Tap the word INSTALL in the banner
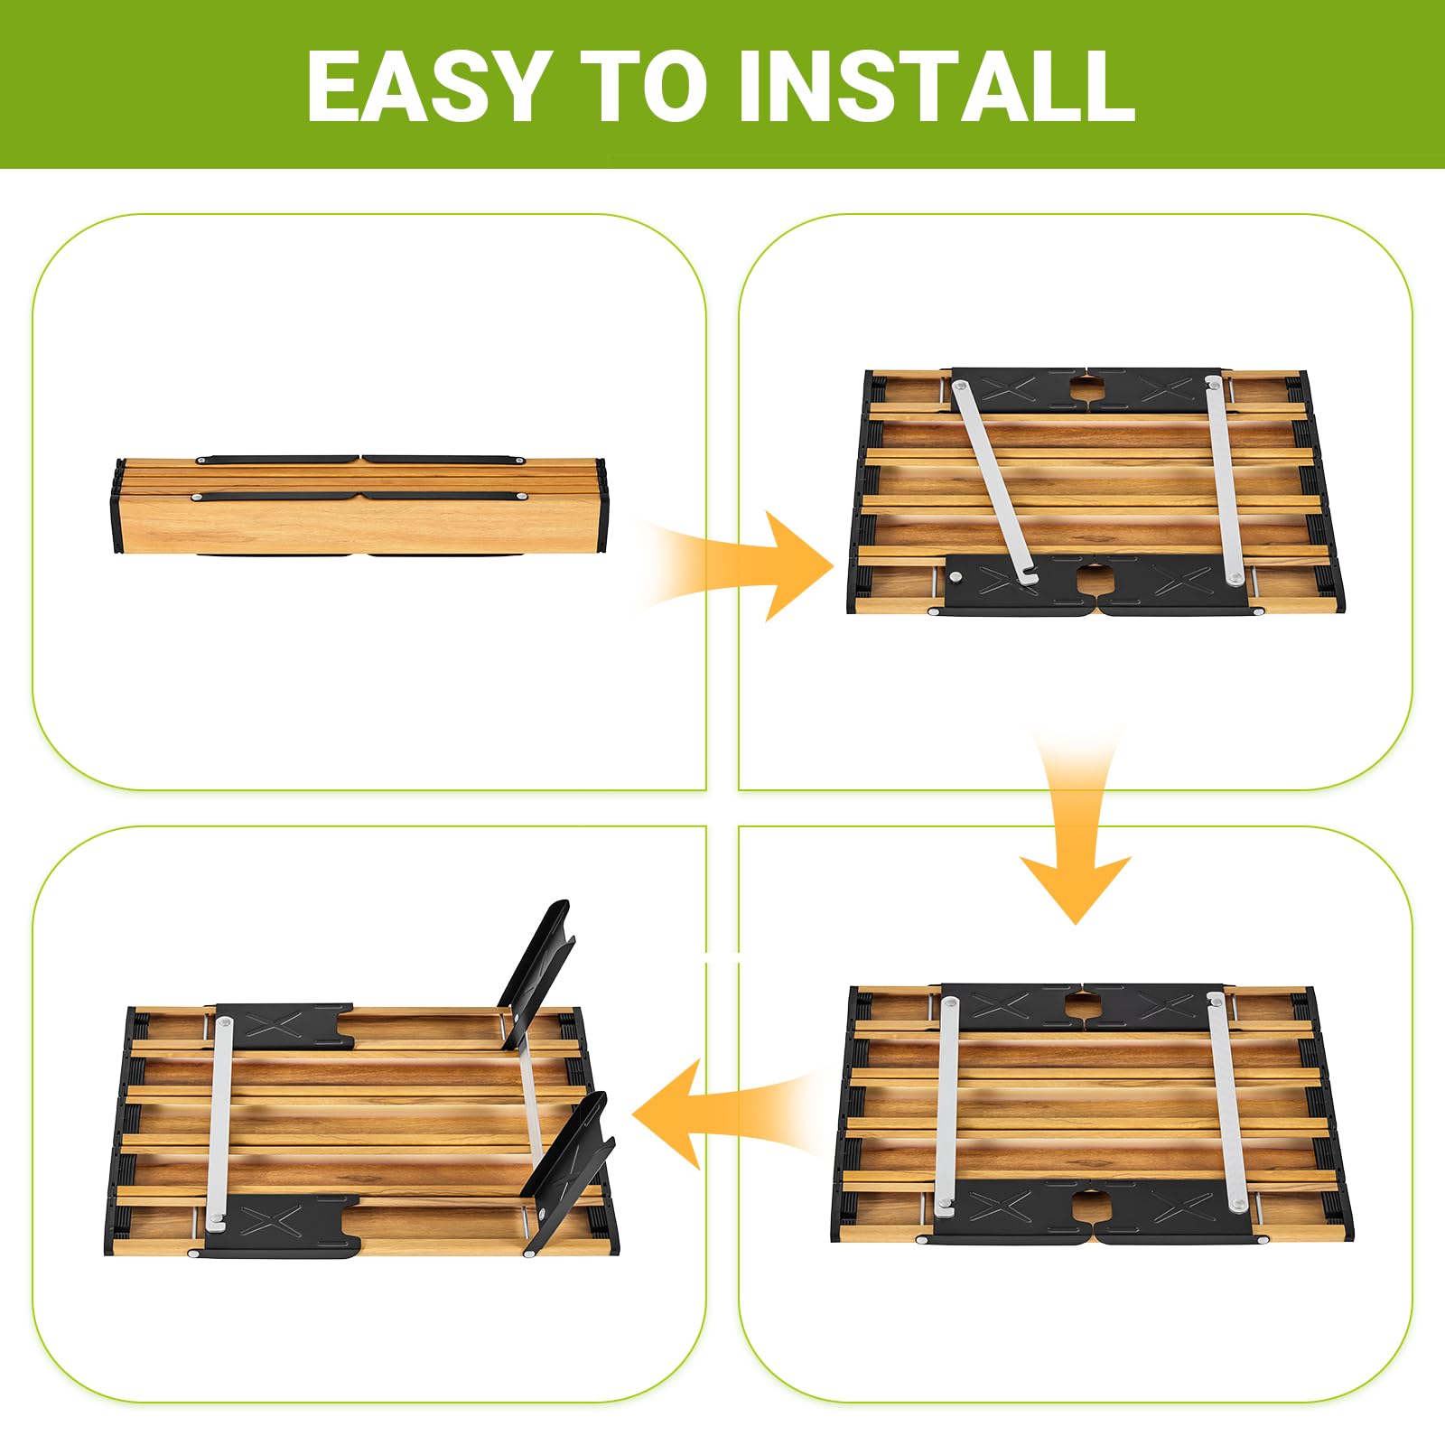click(937, 86)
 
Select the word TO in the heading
click(643, 86)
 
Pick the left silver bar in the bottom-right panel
click(946, 1103)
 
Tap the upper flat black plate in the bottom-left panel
click(284, 1025)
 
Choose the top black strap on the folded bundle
click(359, 460)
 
